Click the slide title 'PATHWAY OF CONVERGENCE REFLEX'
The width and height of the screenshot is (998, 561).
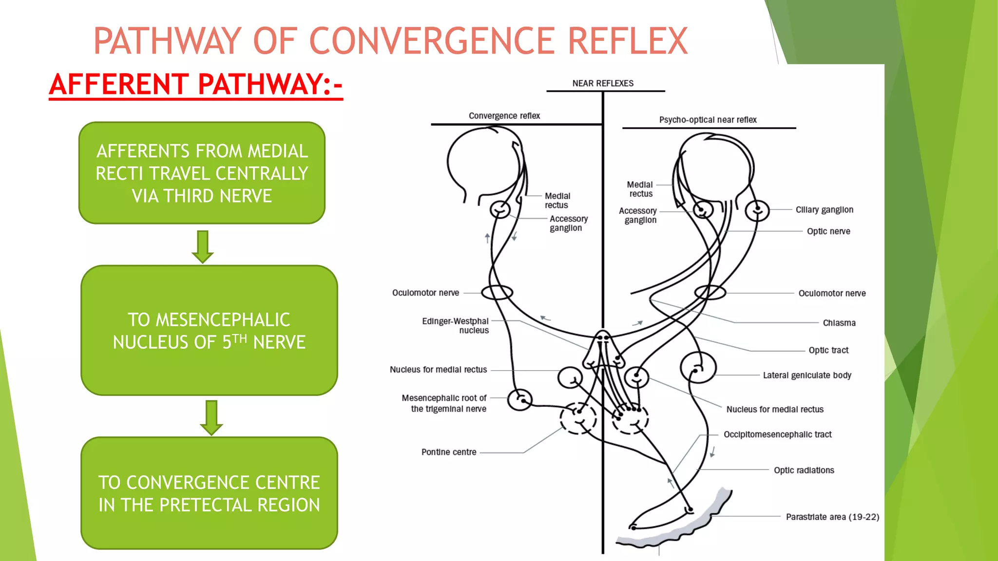(x=390, y=41)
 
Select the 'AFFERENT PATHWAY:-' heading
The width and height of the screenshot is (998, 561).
(x=196, y=85)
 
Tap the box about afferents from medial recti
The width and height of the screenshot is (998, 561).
(x=202, y=173)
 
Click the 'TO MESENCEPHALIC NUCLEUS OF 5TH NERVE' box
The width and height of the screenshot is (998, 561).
(x=209, y=330)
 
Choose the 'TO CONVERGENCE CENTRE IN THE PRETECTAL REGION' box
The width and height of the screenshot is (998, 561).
(x=209, y=493)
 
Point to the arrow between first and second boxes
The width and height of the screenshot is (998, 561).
(x=203, y=246)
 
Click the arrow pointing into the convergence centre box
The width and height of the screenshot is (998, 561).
(x=211, y=417)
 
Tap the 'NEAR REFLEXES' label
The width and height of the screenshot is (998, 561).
(x=603, y=83)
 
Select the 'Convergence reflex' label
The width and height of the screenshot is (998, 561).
(x=504, y=116)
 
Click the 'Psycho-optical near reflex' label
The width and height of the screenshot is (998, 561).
(x=708, y=120)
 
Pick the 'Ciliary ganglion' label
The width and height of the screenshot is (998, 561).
(x=824, y=210)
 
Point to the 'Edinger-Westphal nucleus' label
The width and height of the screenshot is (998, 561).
(x=456, y=326)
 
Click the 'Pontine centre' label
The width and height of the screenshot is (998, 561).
(x=449, y=452)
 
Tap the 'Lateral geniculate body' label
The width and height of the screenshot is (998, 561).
(x=807, y=375)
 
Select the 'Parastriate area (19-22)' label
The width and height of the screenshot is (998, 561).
(x=832, y=517)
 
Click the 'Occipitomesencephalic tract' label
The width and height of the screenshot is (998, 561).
(x=777, y=434)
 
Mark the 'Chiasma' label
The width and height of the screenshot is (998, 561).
(x=839, y=323)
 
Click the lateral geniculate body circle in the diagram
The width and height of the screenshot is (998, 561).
(x=698, y=368)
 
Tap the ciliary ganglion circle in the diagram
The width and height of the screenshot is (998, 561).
(x=757, y=211)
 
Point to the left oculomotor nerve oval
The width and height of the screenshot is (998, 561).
(x=497, y=292)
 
